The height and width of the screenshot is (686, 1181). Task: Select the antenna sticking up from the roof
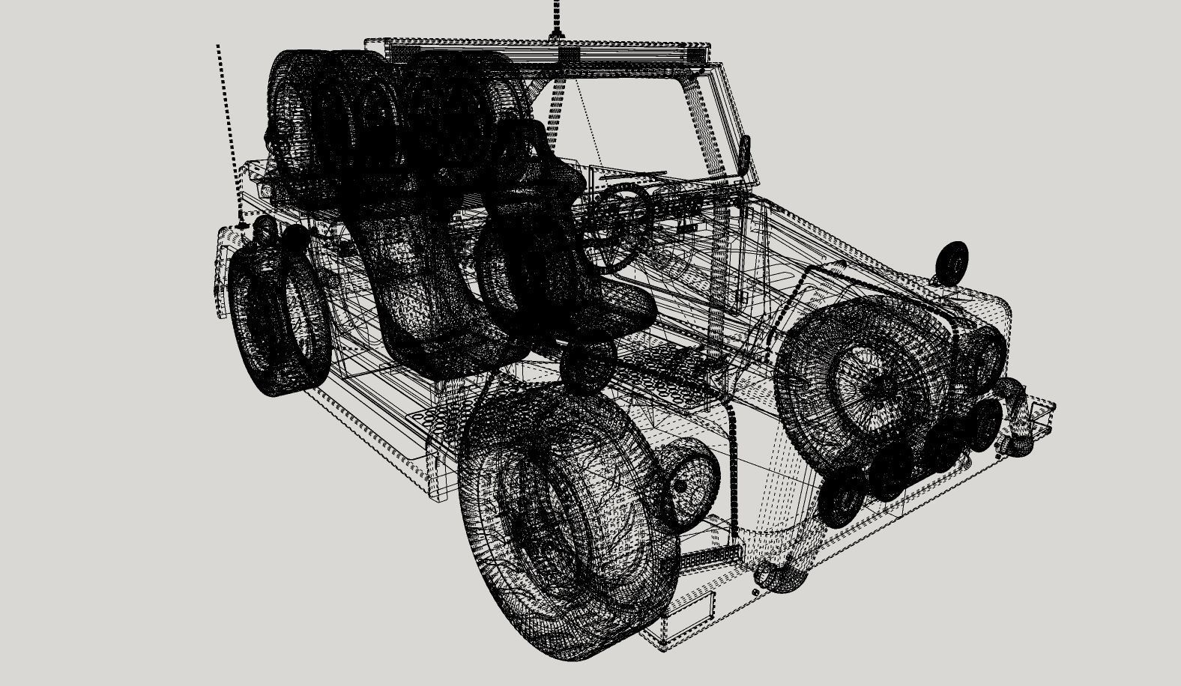[x=556, y=19]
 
